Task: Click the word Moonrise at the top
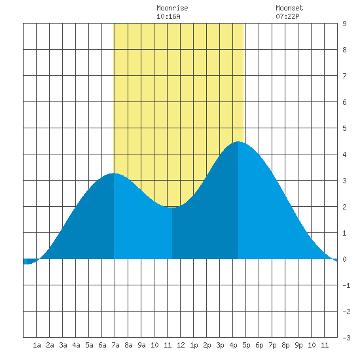(x=172, y=8)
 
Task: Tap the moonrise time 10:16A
(x=168, y=16)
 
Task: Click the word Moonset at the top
(x=289, y=8)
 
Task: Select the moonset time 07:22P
(x=287, y=16)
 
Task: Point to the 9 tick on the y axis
(x=344, y=24)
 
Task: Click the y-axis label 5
(x=344, y=128)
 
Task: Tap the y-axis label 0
(x=344, y=259)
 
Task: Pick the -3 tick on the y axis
(x=346, y=338)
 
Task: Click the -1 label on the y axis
(x=346, y=285)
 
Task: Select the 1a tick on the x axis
(x=37, y=345)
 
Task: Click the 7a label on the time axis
(x=115, y=345)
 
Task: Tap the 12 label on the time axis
(x=181, y=345)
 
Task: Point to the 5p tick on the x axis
(x=246, y=345)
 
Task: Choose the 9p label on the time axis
(x=298, y=345)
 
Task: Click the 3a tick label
(x=63, y=345)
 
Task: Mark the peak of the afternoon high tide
(x=238, y=141)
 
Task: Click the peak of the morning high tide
(x=114, y=173)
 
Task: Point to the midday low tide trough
(x=172, y=207)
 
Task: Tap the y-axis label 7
(x=344, y=76)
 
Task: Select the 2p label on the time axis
(x=207, y=345)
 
